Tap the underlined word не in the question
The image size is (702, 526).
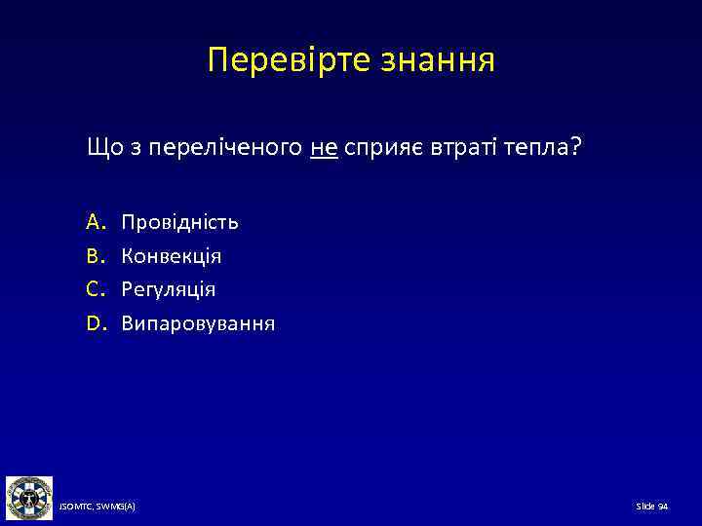click(x=325, y=147)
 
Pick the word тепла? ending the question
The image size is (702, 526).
click(x=549, y=147)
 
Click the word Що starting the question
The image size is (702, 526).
click(x=103, y=147)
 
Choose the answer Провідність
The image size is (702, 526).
click(x=179, y=223)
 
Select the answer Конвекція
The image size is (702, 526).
click(x=171, y=256)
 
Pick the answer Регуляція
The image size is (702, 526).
click(x=169, y=289)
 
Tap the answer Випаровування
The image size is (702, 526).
click(x=198, y=322)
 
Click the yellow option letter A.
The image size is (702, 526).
click(x=95, y=222)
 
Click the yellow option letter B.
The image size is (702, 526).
click(x=95, y=256)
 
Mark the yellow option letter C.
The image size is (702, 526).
click(x=95, y=289)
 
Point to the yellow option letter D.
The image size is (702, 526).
click(x=96, y=322)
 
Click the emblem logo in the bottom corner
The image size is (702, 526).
click(x=29, y=499)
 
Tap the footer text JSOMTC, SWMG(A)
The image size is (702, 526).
click(x=97, y=507)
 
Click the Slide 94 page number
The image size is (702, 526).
click(x=651, y=507)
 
